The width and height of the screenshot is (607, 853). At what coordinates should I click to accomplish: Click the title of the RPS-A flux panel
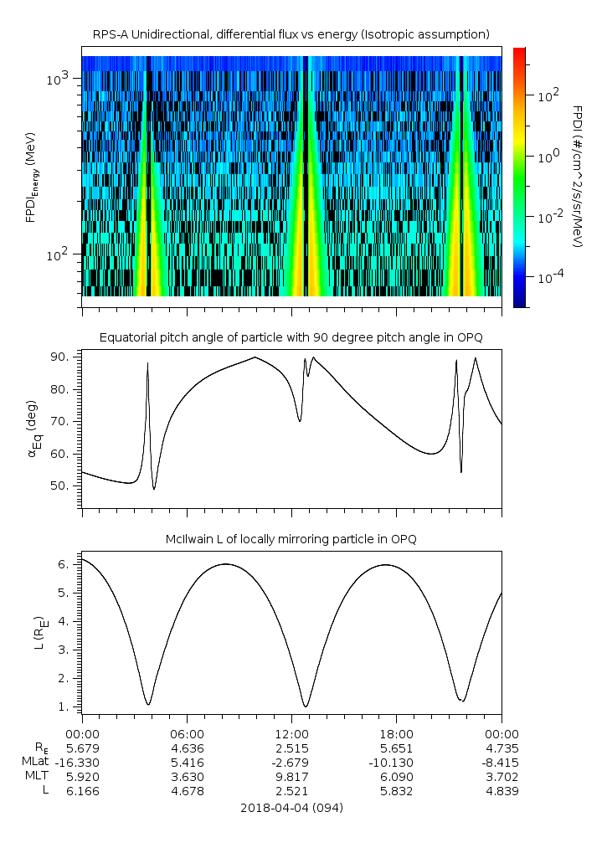point(291,34)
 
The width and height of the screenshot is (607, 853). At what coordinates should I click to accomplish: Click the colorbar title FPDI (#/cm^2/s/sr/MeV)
point(577,176)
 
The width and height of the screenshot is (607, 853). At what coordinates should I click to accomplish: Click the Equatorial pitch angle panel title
point(291,337)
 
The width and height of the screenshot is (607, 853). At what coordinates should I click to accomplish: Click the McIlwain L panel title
point(291,539)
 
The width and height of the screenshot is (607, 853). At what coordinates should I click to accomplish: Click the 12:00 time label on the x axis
point(291,732)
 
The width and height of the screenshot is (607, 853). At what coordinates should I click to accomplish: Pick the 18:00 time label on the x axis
point(396,732)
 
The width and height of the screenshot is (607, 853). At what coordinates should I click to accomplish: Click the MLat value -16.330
point(82,762)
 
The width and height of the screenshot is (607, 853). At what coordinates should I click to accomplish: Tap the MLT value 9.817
point(291,776)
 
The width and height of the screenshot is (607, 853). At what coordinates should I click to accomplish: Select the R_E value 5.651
point(396,748)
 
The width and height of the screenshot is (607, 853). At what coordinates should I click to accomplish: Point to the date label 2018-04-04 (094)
point(291,808)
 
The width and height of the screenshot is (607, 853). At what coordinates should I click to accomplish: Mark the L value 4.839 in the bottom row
point(501,791)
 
